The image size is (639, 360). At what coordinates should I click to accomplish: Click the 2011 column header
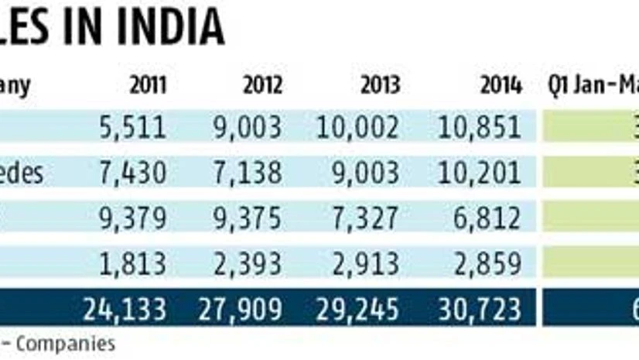pyautogui.click(x=147, y=85)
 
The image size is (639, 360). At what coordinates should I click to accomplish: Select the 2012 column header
pyautogui.click(x=262, y=85)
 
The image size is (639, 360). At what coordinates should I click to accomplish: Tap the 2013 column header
pyautogui.click(x=380, y=85)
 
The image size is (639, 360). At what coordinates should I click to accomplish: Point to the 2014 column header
pyautogui.click(x=501, y=85)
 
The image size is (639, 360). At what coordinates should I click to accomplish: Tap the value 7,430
pyautogui.click(x=132, y=173)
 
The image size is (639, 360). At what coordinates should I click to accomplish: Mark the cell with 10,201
pyautogui.click(x=479, y=173)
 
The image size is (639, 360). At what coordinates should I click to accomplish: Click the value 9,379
pyautogui.click(x=132, y=219)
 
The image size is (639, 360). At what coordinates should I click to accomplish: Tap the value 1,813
pyautogui.click(x=132, y=264)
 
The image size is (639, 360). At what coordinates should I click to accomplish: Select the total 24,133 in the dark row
pyautogui.click(x=125, y=310)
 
